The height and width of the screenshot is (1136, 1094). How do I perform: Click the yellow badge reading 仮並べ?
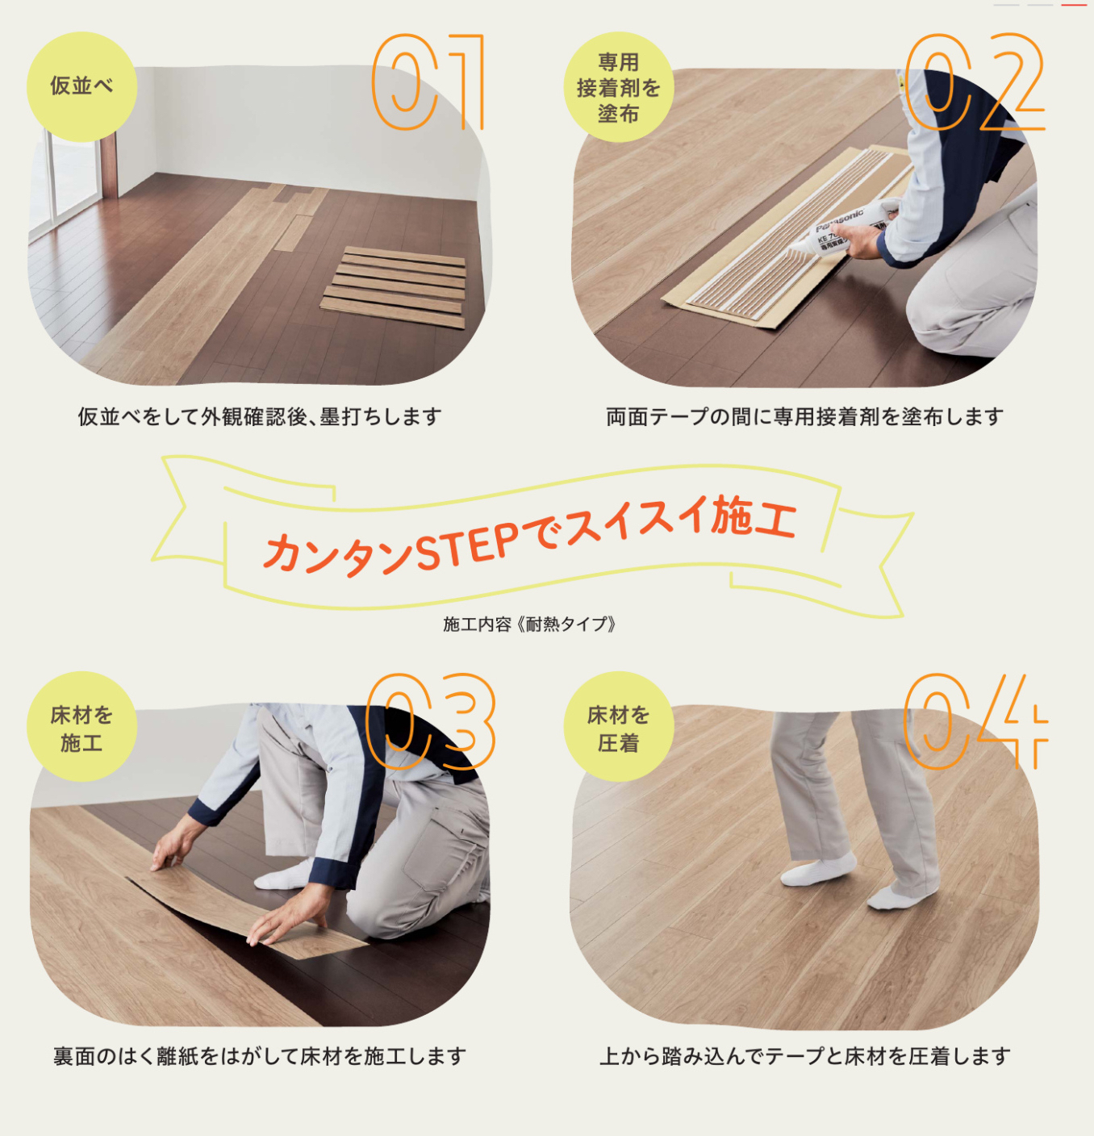(81, 86)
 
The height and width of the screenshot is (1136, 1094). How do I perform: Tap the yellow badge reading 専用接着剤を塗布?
(619, 86)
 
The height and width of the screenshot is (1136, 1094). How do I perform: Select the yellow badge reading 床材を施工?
(81, 726)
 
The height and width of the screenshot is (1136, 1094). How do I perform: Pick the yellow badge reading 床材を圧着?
(619, 726)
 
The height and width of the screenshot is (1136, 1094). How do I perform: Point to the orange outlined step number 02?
(974, 81)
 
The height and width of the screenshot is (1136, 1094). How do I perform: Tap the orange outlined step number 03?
(430, 721)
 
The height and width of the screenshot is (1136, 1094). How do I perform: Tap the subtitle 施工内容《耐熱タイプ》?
(529, 624)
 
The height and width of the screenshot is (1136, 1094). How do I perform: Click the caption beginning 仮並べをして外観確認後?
(260, 417)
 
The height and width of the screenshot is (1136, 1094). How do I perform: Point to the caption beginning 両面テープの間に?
(805, 417)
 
